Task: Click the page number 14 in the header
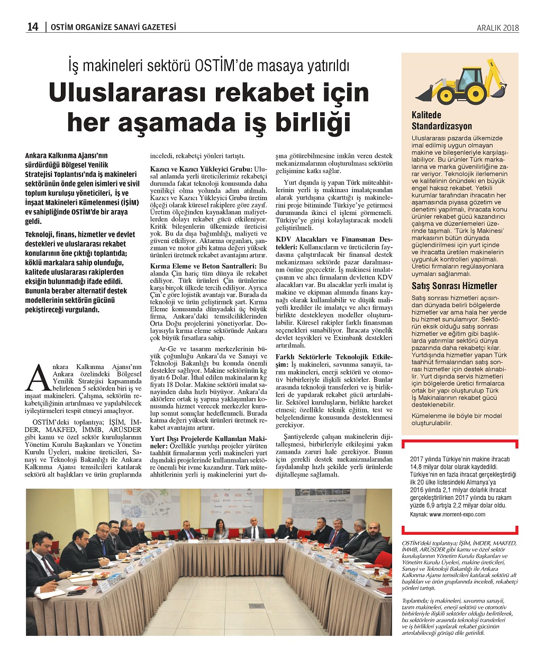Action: tap(33, 28)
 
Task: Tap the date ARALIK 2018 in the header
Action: tap(497, 28)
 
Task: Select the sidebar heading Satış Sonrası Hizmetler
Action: tap(455, 286)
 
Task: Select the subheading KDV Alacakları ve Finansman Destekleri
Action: tap(333, 243)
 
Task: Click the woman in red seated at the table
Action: tap(220, 529)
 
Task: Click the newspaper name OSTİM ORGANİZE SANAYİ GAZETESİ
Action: tap(113, 28)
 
